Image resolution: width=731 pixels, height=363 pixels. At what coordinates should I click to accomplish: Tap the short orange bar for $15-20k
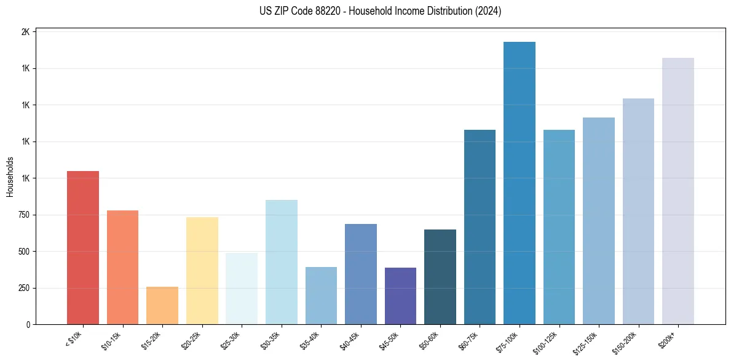[162, 305]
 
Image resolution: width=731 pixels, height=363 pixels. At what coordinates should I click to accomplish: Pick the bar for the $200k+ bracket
[678, 191]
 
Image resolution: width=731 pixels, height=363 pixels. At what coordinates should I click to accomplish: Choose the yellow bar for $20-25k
[202, 270]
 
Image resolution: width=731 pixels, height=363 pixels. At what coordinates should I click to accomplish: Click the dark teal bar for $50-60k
[440, 276]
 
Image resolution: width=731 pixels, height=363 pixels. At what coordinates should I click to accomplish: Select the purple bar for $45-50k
[400, 295]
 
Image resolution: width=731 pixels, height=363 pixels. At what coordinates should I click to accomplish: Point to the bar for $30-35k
[281, 261]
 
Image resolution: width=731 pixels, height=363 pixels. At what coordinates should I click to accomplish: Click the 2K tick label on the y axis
[25, 32]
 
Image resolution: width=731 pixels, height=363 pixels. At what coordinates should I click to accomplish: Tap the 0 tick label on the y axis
[28, 324]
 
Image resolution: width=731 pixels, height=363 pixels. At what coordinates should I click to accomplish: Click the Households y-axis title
[10, 177]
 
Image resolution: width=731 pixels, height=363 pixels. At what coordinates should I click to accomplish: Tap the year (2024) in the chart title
[488, 11]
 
